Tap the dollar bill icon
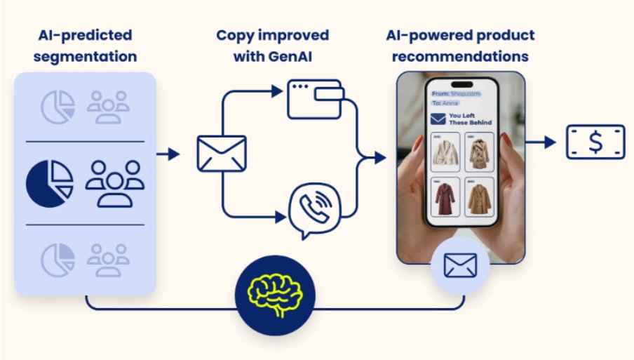pyautogui.click(x=595, y=142)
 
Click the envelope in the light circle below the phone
pyautogui.click(x=459, y=265)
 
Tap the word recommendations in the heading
pyautogui.click(x=459, y=55)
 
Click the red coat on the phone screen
pyautogui.click(x=444, y=199)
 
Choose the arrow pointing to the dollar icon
pyautogui.click(x=542, y=142)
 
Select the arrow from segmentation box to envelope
pyautogui.click(x=169, y=154)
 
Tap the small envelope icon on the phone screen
pyautogui.click(x=438, y=119)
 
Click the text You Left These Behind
pyautogui.click(x=470, y=119)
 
